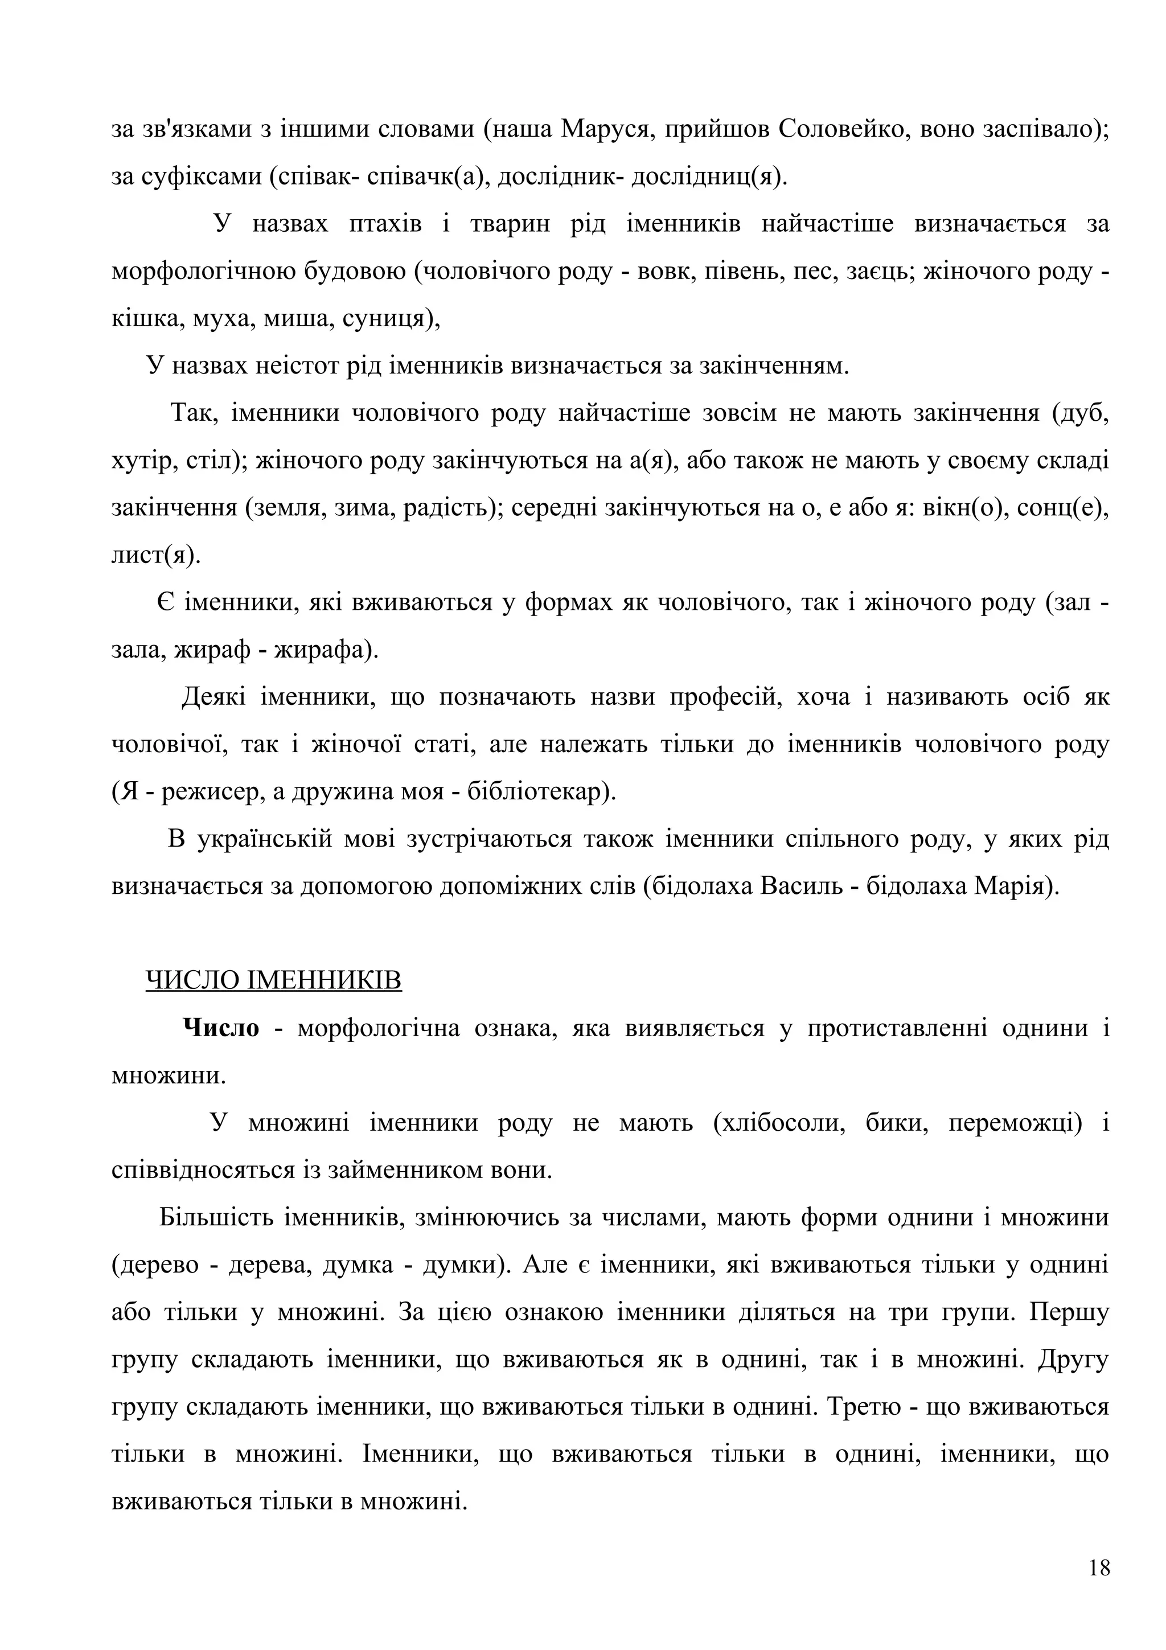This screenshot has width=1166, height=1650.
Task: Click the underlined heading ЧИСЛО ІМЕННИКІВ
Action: point(273,980)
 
